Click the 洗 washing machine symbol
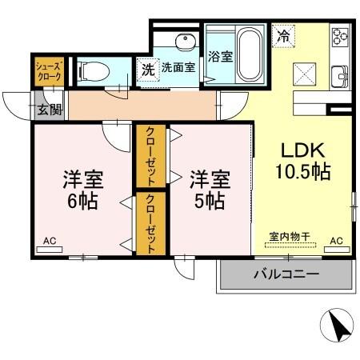pyautogui.click(x=147, y=70)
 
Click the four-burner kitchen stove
pyautogui.click(x=342, y=37)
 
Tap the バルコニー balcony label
pyautogui.click(x=286, y=274)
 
